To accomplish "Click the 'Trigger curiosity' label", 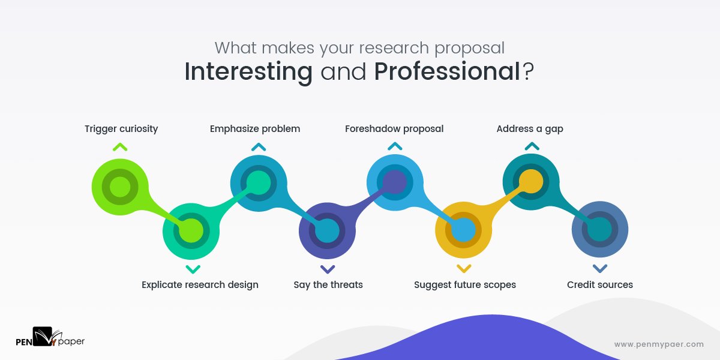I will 121,129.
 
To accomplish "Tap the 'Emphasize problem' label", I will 255,129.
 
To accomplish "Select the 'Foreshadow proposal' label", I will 394,129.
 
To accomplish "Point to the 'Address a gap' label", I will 530,129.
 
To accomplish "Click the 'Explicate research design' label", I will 200,284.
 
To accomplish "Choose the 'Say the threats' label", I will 328,284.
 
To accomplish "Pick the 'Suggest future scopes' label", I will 465,284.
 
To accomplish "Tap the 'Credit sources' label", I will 600,284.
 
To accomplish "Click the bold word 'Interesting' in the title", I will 248,72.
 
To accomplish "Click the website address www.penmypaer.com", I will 659,344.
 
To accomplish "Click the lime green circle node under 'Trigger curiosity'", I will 120,185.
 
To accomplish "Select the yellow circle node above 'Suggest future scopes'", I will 463,230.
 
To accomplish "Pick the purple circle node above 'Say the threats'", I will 327,230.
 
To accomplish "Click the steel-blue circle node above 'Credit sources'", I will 600,230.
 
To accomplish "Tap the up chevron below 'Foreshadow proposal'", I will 395,146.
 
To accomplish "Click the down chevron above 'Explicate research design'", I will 193,269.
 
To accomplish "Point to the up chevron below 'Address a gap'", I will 532,146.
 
